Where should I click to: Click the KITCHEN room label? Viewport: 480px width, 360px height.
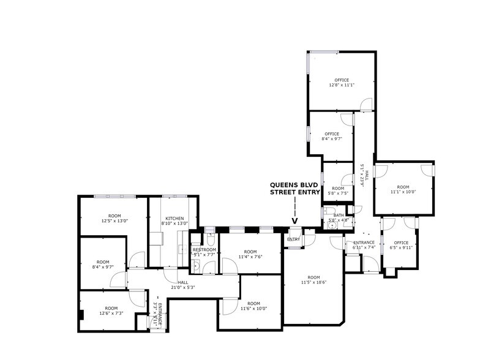point(174,218)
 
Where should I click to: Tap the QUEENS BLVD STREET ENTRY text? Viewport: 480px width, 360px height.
point(295,188)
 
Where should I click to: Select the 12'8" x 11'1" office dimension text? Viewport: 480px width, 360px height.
point(341,85)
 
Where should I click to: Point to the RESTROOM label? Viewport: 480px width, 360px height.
point(204,250)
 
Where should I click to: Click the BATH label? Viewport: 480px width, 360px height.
point(339,215)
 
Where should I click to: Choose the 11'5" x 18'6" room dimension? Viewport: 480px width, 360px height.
point(313,283)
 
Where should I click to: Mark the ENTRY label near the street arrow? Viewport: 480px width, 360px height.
point(293,239)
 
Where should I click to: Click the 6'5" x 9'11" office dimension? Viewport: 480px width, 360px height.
point(400,248)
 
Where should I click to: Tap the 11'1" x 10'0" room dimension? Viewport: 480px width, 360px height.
point(402,192)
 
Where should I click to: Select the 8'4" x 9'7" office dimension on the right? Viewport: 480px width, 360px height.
point(331,139)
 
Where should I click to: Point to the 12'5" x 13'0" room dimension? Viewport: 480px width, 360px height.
point(114,221)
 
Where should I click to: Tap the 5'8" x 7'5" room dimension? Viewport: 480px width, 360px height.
point(338,193)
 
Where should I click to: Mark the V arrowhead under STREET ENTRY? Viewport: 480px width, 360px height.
point(294,222)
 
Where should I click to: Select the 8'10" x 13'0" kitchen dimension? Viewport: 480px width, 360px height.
point(174,223)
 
